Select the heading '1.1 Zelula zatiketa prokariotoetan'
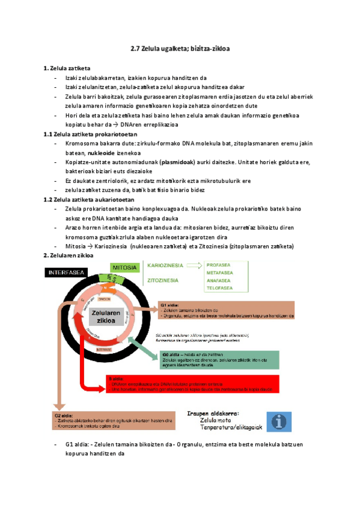coord(88,134)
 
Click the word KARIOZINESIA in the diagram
coord(164,264)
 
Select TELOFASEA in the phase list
coord(221,287)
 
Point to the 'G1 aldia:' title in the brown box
coord(170,305)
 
